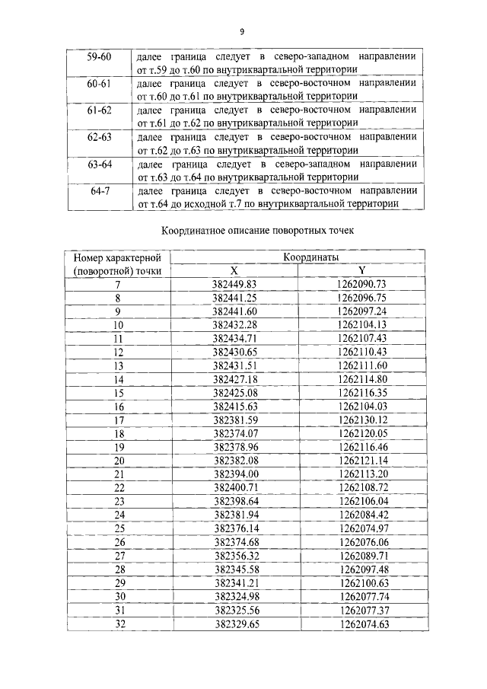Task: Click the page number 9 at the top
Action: pos(241,31)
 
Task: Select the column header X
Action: pos(234,270)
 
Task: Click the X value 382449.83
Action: pos(234,284)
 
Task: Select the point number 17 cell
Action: pos(118,419)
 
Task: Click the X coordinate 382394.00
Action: pos(234,473)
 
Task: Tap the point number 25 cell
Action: pos(118,527)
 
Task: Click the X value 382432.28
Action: pos(234,325)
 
